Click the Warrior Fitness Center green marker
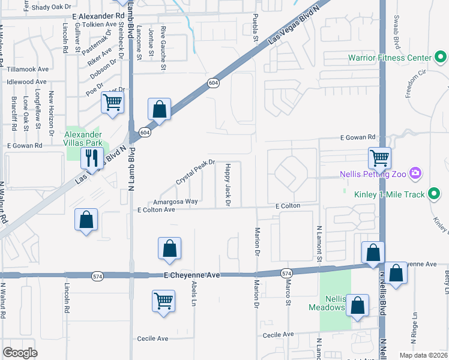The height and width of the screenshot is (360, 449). pos(441,58)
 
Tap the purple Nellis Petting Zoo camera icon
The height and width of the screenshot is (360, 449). pos(415,174)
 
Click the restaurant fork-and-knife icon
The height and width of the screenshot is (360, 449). pos(91,158)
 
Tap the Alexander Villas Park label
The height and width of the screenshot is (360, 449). pos(83,139)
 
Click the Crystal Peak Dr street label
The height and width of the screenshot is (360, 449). pos(195,172)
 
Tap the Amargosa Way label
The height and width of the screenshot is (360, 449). pos(175,202)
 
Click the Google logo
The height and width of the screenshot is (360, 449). pos(20,353)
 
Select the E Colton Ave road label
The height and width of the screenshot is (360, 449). pos(156,210)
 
